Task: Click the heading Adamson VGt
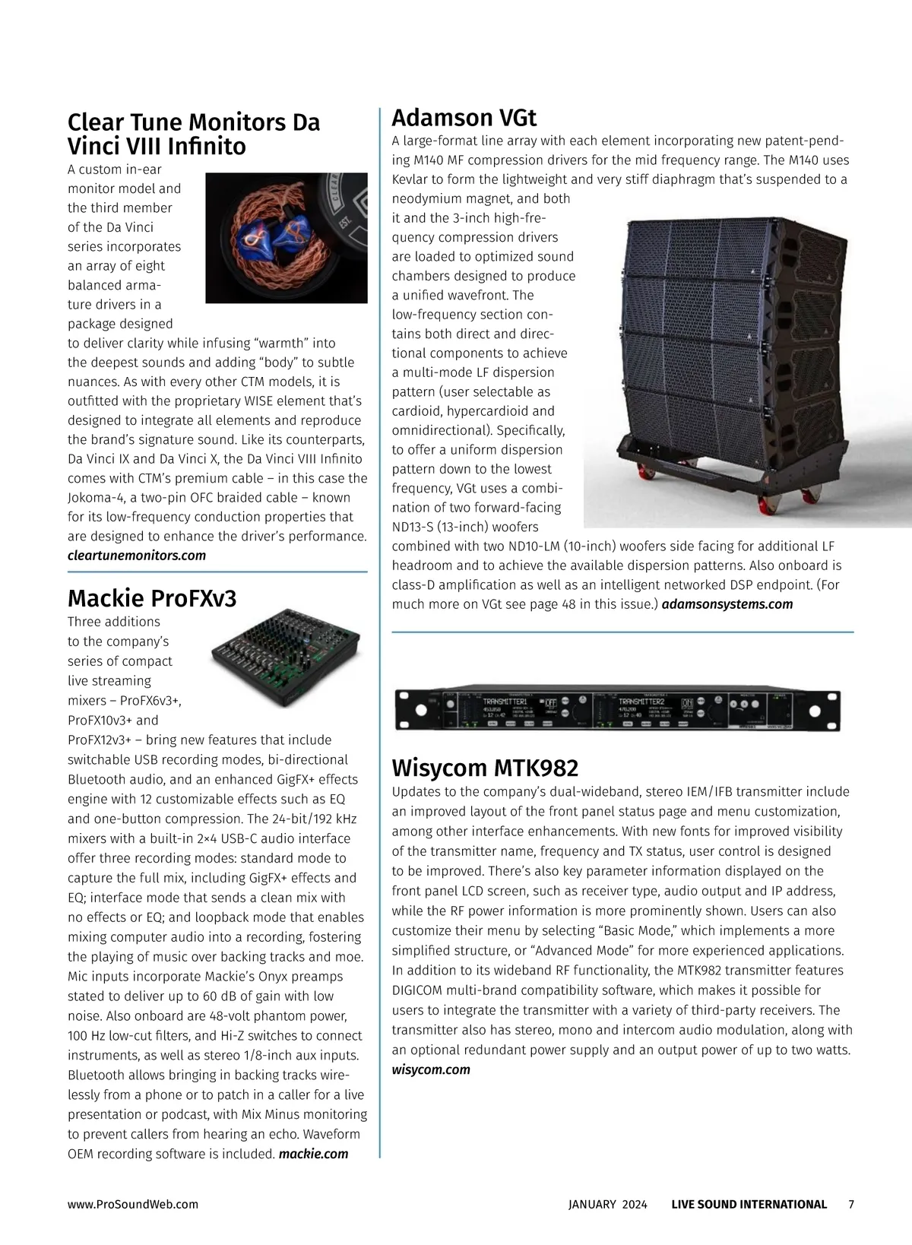pos(464,118)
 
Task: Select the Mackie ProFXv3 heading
pos(152,598)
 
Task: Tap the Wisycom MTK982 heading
pos(485,767)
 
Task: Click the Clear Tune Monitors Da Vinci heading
pos(194,134)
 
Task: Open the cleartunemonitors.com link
pos(137,556)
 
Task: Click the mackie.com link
pos(314,1154)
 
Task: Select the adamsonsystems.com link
pos(727,604)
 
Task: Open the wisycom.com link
pos(431,1069)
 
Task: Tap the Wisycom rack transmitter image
pos(622,708)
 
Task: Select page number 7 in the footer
pos(851,1204)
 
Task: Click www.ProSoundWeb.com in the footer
pos(133,1204)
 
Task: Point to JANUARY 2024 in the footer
pos(607,1204)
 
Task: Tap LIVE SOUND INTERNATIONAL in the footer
pos(749,1204)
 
